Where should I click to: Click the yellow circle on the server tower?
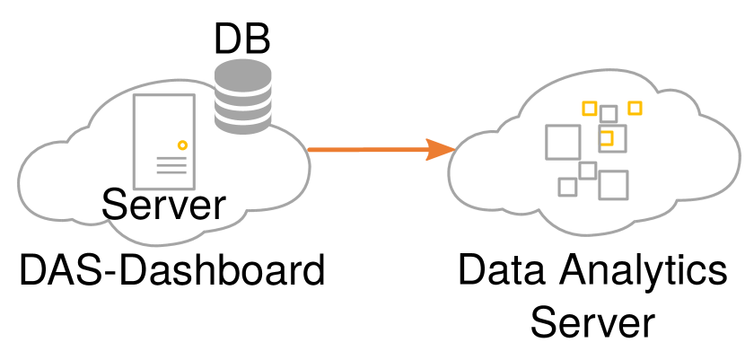coord(182,145)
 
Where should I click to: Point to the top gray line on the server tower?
coord(171,158)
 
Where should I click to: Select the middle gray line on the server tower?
coord(171,165)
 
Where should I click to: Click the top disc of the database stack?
coord(243,73)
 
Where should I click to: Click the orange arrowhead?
coord(440,149)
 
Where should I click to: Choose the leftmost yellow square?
coord(589,109)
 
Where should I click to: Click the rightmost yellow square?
coord(635,108)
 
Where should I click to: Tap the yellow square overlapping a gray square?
coord(606,138)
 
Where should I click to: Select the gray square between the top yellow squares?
coord(609,114)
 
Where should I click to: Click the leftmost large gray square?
coord(563,142)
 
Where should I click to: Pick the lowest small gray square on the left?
coord(567,187)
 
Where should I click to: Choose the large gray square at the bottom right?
coord(613,185)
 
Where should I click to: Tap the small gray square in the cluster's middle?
coord(588,171)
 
